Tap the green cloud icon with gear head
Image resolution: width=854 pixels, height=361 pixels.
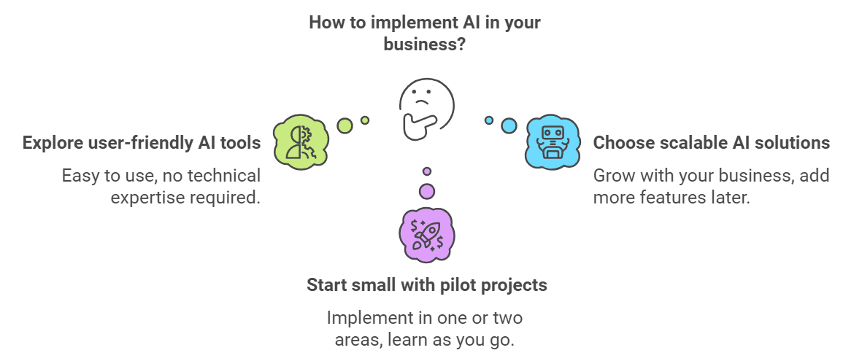tap(301, 142)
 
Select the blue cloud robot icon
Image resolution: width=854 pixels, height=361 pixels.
tap(553, 143)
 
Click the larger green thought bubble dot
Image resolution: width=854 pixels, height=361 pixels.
tap(345, 125)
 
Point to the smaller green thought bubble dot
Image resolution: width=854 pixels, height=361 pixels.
tap(365, 120)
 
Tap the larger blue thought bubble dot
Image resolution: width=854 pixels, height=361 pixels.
tap(509, 125)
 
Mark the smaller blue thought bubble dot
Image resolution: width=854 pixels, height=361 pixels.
tap(489, 120)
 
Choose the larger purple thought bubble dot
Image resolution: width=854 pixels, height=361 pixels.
tap(427, 191)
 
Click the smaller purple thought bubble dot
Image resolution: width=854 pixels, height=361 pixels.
tap(427, 171)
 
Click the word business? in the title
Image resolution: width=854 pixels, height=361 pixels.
tap(424, 44)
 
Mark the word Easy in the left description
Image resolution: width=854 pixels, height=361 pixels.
tap(80, 176)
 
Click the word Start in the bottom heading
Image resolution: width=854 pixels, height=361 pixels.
tap(327, 284)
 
